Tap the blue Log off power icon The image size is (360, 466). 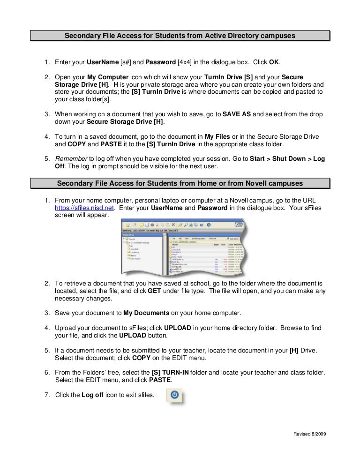(174, 395)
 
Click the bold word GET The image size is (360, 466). (154, 291)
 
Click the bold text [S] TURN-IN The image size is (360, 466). (169, 372)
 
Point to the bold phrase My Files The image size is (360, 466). (208, 136)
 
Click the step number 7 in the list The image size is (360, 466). (47, 395)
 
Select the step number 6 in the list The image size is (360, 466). (47, 372)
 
